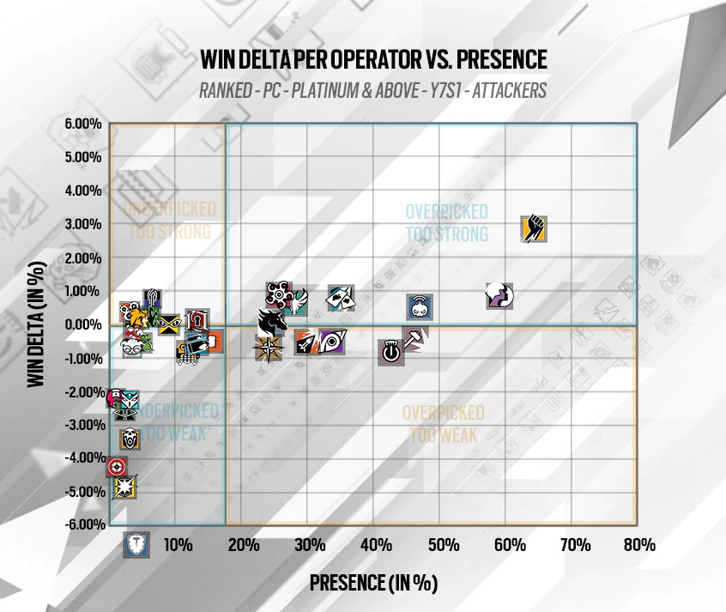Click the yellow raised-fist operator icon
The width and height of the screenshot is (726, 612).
click(534, 229)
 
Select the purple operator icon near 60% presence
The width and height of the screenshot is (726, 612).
click(499, 295)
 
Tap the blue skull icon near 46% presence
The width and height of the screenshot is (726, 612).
click(420, 306)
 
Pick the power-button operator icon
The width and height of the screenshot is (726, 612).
click(390, 350)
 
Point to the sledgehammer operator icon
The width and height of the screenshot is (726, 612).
click(414, 338)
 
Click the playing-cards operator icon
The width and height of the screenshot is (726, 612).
click(341, 298)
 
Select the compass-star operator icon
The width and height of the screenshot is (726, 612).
click(268, 348)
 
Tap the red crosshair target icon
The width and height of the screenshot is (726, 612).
click(118, 467)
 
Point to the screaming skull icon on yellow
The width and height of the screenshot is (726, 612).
click(130, 437)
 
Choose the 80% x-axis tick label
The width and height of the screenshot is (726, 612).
click(639, 545)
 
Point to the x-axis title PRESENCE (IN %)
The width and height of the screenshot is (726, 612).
click(373, 583)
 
